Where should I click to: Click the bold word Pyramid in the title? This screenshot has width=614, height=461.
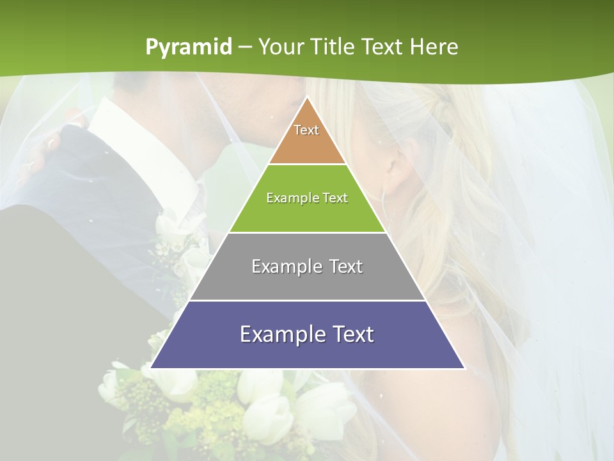tap(189, 47)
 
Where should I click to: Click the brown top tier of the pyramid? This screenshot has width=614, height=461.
tap(307, 141)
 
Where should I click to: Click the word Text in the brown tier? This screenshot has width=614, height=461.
tap(306, 130)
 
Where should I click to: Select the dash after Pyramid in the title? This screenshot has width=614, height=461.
tap(245, 47)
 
